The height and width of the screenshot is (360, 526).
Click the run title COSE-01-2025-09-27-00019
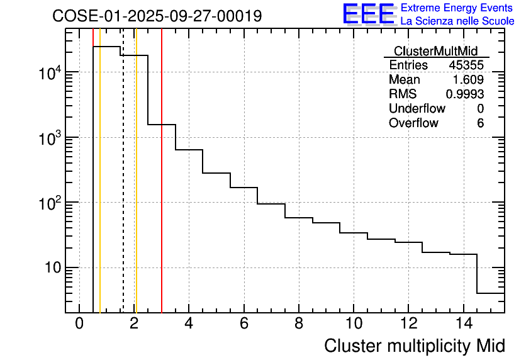pos(157,16)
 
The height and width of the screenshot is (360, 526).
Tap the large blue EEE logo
pos(369,14)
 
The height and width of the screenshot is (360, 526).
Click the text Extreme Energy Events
pos(457,8)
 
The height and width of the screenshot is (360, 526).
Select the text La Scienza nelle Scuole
pos(457,21)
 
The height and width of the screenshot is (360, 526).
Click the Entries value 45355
pos(466,65)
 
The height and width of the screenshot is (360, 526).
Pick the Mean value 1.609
pos(469,80)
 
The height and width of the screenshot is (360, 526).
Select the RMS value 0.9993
pos(465,94)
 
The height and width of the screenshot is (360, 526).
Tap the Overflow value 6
pos(480,123)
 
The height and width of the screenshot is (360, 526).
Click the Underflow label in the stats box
pos(417,109)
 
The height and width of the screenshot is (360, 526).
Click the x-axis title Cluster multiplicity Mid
pos(414,346)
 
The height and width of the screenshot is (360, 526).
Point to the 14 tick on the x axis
pos(463,323)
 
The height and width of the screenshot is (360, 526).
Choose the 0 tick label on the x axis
pos(79,323)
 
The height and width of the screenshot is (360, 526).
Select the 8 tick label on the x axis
pos(299,323)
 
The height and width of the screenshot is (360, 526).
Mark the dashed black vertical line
pos(123,189)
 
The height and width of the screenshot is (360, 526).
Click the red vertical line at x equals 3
pos(162,189)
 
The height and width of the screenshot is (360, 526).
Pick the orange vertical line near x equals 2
pos(136,189)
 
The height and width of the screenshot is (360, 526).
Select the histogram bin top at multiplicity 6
pos(244,188)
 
